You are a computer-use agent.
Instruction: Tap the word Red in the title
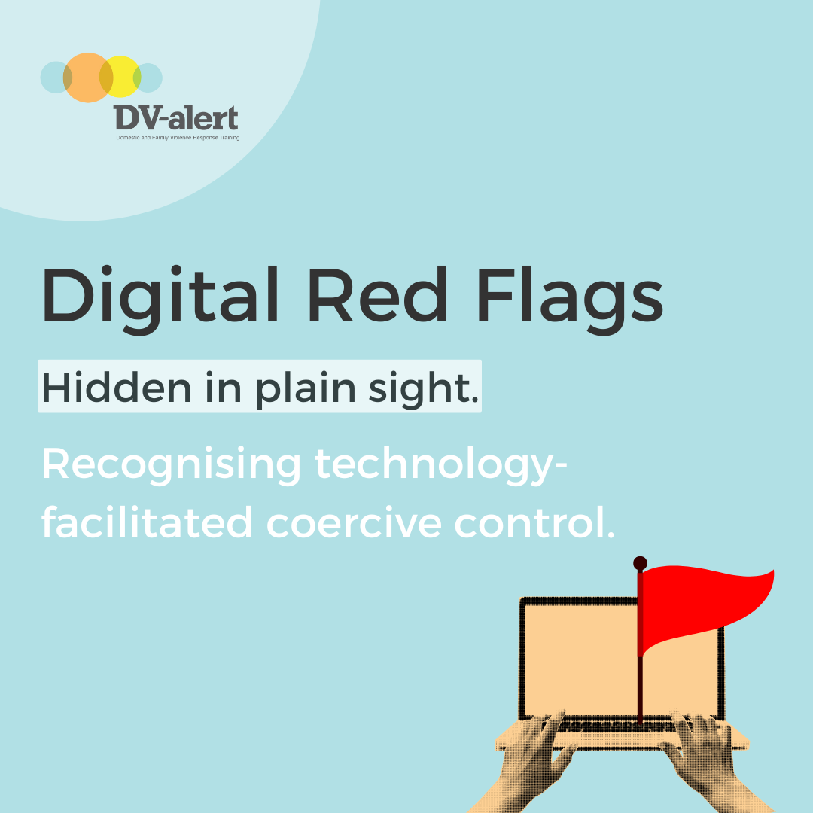click(x=377, y=294)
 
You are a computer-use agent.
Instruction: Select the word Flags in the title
click(x=570, y=299)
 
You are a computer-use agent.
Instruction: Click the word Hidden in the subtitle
click(x=117, y=387)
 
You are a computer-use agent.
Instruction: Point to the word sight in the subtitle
click(x=423, y=389)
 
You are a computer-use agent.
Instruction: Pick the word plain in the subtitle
click(x=305, y=389)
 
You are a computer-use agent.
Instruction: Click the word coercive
click(x=354, y=524)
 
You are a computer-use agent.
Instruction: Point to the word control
click(x=534, y=522)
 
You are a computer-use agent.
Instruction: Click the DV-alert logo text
click(x=175, y=117)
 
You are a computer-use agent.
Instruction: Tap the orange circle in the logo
click(x=87, y=78)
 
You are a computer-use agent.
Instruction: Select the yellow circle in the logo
click(x=120, y=76)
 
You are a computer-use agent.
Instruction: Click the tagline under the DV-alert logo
click(x=178, y=138)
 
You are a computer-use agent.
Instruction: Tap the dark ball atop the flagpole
click(x=641, y=563)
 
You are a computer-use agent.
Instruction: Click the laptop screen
click(x=580, y=659)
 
